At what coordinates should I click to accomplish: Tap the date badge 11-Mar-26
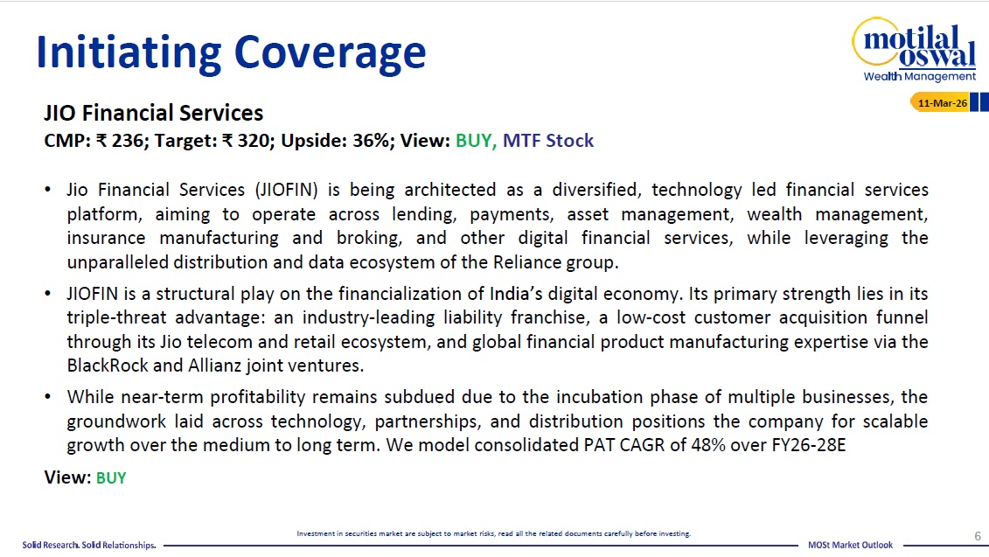pyautogui.click(x=942, y=103)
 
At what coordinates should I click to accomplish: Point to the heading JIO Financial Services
pyautogui.click(x=153, y=113)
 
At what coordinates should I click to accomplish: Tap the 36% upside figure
pyautogui.click(x=370, y=140)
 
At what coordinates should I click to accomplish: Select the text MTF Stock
pyautogui.click(x=548, y=140)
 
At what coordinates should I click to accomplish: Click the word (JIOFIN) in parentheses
pyautogui.click(x=286, y=190)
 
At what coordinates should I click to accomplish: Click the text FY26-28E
pyautogui.click(x=809, y=445)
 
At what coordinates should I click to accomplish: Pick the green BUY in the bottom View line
pyautogui.click(x=111, y=478)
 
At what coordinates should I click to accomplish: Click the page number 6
pyautogui.click(x=978, y=536)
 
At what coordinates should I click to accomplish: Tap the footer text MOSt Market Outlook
pyautogui.click(x=850, y=545)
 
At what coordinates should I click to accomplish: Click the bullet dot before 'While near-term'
pyautogui.click(x=48, y=397)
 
